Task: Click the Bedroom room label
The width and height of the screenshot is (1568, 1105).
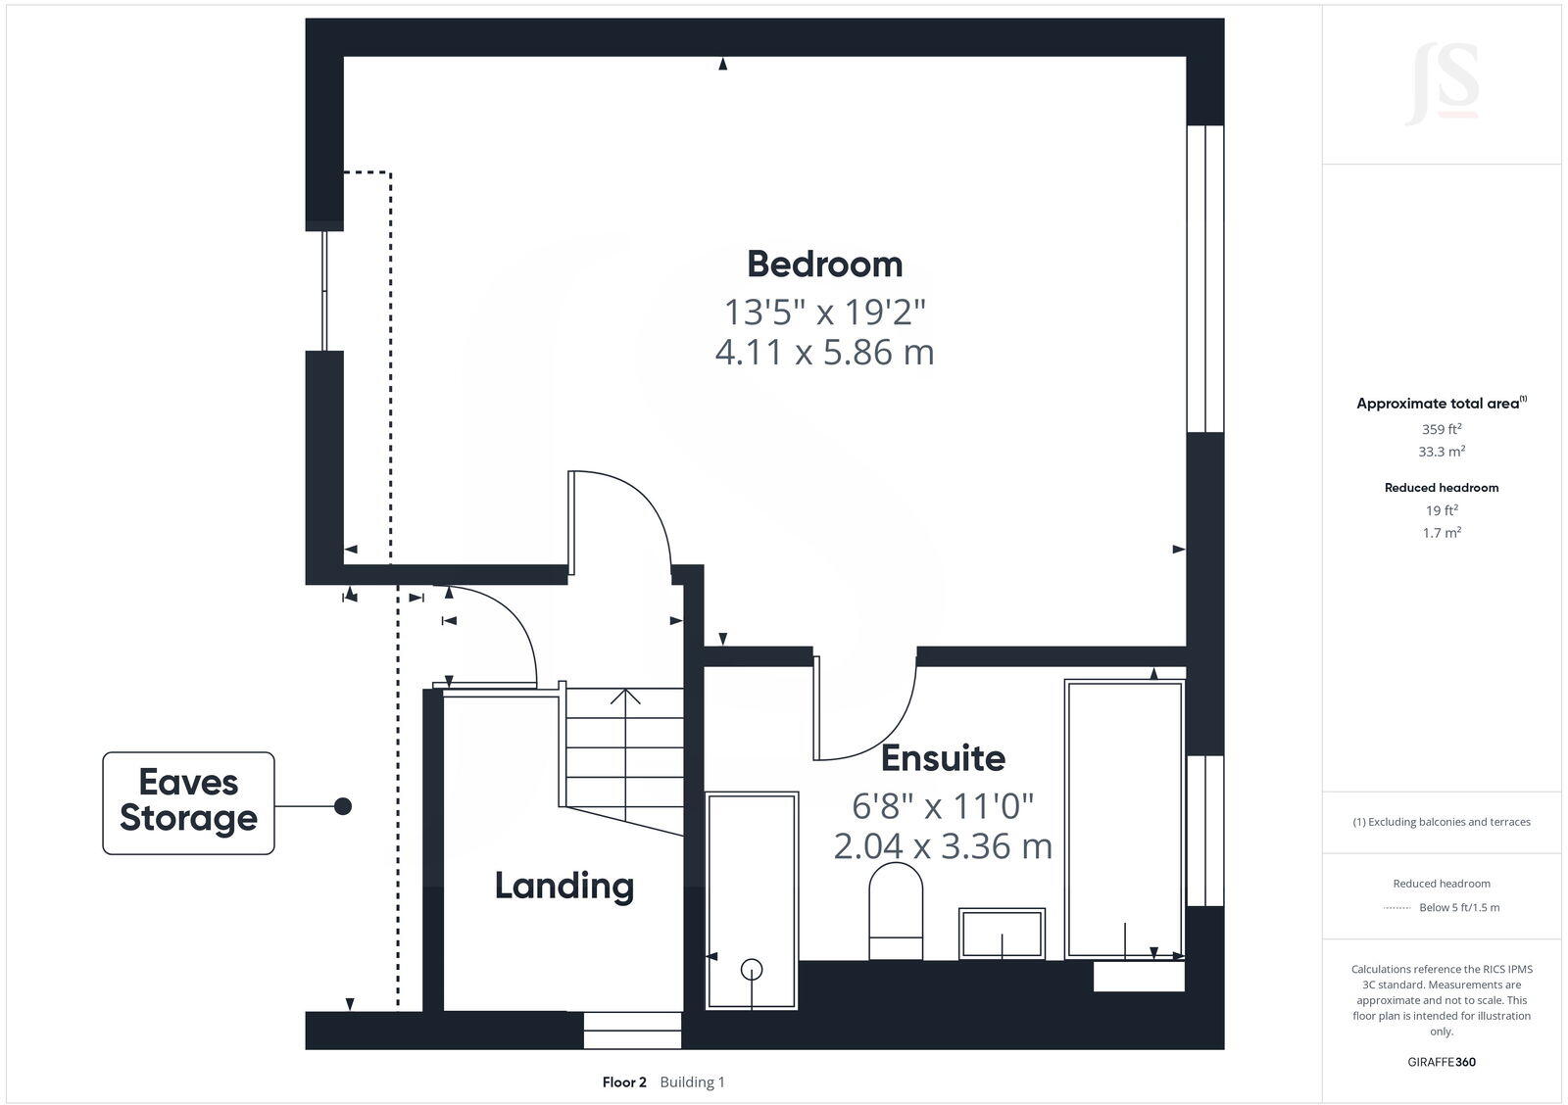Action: (824, 264)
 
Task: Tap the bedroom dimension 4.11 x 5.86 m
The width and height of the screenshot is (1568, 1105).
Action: (824, 352)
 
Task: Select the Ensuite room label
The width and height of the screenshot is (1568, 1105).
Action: (943, 758)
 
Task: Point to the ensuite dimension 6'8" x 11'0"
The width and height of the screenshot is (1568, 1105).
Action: (943, 806)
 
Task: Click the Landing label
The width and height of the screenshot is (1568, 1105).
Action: (563, 886)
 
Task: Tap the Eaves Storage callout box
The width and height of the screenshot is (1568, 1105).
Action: (188, 802)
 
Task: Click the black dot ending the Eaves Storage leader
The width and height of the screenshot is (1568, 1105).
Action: (343, 806)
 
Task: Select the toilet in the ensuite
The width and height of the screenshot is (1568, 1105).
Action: (896, 911)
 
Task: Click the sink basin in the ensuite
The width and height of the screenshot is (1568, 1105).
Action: (1002, 933)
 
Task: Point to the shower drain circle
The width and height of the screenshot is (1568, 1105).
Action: (752, 969)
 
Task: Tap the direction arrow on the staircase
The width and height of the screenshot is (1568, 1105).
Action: (625, 697)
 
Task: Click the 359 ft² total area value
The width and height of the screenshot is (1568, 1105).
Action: (1441, 429)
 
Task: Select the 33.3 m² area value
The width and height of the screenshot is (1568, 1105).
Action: (1441, 452)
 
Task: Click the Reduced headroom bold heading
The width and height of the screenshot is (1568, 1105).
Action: (1441, 487)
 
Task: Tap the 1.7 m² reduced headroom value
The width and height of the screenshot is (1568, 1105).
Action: (1441, 533)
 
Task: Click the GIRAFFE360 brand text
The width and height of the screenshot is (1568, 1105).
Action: (1441, 1062)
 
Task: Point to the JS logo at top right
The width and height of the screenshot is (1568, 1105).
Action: (1443, 85)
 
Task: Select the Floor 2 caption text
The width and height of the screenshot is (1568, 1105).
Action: (624, 1082)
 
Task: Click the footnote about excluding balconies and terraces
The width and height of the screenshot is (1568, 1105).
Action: (1441, 822)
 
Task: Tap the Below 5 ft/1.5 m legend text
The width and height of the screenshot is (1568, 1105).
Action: (1458, 907)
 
